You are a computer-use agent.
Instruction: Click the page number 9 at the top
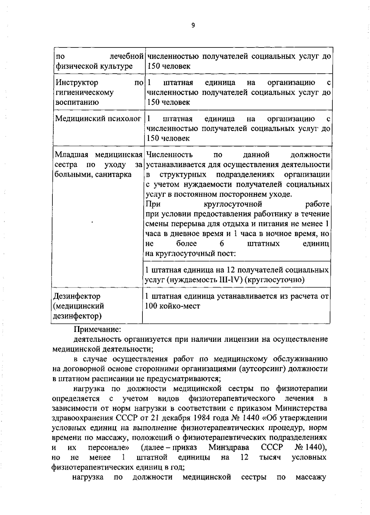tap(193, 26)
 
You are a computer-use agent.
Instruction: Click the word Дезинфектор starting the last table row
tap(77, 296)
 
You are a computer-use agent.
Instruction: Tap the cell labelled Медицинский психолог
tap(98, 119)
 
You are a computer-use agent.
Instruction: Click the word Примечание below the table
tap(97, 329)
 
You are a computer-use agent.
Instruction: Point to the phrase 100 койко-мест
tap(172, 306)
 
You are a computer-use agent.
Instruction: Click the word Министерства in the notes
tap(301, 408)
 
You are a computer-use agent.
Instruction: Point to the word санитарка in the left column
tap(114, 174)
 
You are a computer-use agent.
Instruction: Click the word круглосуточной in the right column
tap(233, 204)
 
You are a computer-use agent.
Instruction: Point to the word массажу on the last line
tap(310, 477)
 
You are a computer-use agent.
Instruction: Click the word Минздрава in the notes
tap(229, 448)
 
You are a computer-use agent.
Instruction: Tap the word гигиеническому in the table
tap(84, 92)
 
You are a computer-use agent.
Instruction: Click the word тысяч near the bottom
tap(270, 458)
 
